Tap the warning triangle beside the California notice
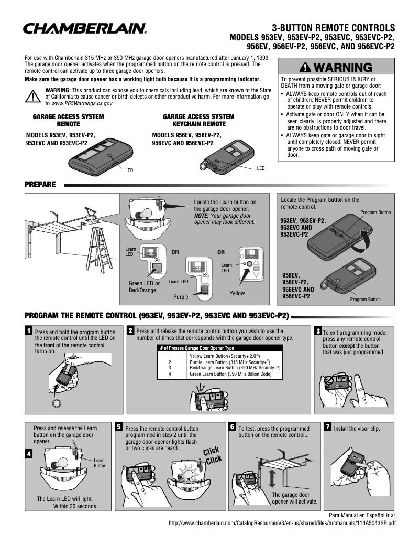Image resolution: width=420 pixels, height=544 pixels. (33, 97)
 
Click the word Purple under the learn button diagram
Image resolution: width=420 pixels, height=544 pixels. (181, 297)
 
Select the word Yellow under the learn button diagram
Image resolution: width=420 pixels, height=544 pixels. (237, 293)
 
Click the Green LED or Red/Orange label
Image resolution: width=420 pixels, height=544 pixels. (144, 286)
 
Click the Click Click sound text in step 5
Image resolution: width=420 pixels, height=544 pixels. (213, 455)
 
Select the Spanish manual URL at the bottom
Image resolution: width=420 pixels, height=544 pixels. (282, 523)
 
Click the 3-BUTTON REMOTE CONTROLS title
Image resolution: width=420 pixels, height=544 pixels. (333, 28)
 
